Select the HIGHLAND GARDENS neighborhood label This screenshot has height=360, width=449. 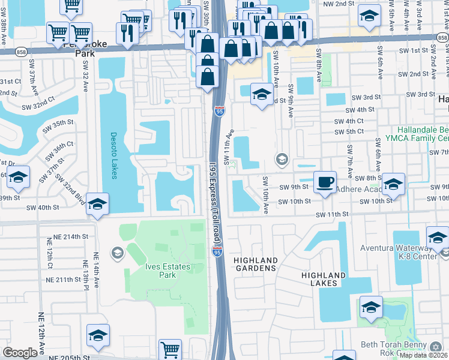(x=256, y=264)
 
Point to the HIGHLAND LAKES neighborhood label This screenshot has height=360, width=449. (x=323, y=279)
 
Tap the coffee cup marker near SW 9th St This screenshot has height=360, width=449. (x=325, y=181)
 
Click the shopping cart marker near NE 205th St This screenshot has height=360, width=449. (x=170, y=349)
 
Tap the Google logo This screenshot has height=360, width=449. (x=20, y=353)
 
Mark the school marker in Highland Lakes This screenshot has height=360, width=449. (x=372, y=308)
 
